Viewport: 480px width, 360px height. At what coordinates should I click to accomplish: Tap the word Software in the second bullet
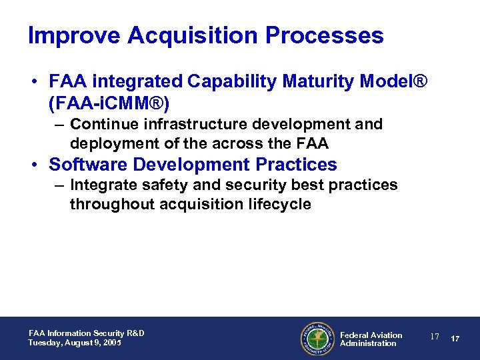(90, 164)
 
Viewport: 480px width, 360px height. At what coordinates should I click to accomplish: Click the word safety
(160, 185)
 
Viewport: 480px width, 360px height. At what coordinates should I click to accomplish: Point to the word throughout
(112, 204)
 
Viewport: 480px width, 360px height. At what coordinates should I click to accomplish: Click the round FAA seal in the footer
(317, 339)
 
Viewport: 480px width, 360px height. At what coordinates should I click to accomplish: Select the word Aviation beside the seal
(386, 335)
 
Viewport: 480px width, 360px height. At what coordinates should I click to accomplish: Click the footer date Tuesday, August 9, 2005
(75, 343)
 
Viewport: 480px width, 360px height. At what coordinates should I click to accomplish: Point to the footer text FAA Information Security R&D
(87, 333)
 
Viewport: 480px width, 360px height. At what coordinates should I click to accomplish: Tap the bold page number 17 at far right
(455, 339)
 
